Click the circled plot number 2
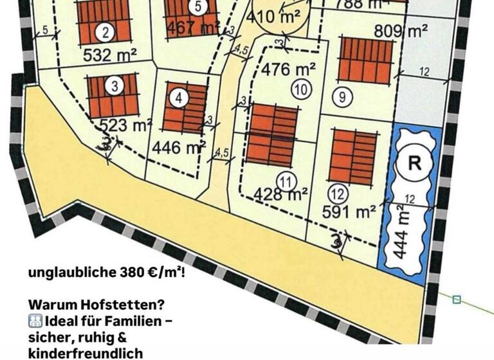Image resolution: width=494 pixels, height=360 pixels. click(x=104, y=32)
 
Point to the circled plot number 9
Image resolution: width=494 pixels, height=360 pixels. click(x=343, y=96)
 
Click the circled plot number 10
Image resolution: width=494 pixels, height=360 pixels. click(x=300, y=91)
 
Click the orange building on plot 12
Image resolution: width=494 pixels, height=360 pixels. click(x=353, y=156)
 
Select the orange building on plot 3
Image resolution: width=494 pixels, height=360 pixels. click(x=113, y=96)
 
